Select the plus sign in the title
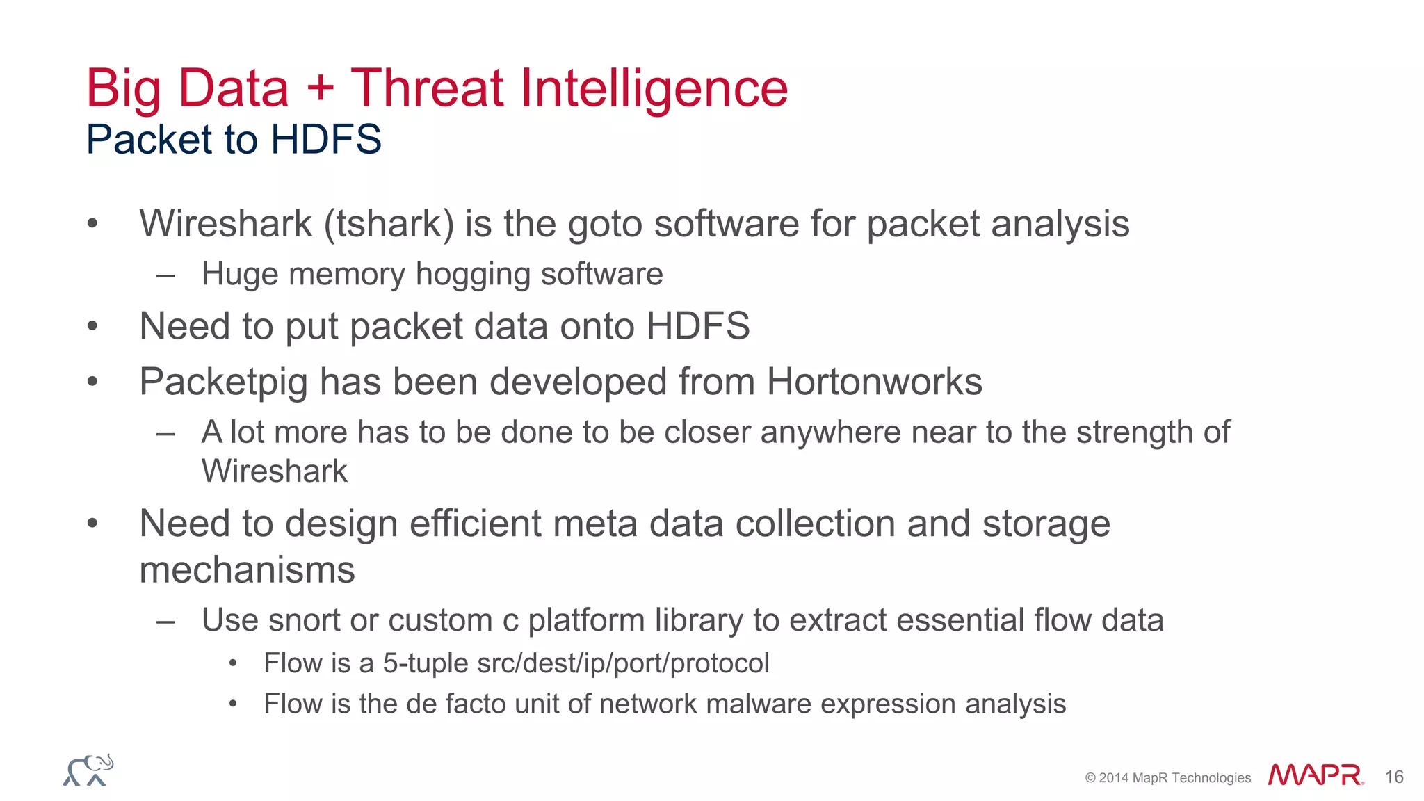[320, 90]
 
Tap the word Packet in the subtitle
[149, 139]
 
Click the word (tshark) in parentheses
[389, 224]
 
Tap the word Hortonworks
[874, 382]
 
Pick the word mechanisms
[247, 570]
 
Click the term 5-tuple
[425, 663]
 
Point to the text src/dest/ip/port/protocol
[623, 663]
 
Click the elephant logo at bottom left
[88, 770]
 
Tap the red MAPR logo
[1314, 775]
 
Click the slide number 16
[1393, 777]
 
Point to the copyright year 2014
[1114, 778]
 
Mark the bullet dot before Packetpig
[92, 381]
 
